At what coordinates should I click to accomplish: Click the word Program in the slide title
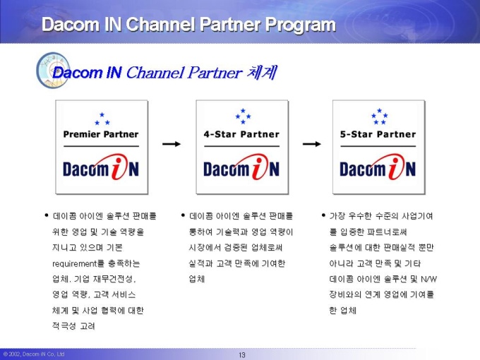tap(300, 25)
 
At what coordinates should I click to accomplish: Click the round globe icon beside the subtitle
tap(53, 70)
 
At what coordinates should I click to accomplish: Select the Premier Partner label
tap(101, 134)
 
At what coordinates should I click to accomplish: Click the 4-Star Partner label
tap(241, 134)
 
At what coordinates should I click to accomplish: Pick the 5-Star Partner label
tap(378, 134)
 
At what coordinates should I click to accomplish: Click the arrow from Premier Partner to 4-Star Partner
tap(172, 143)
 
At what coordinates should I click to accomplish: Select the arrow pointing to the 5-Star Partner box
tap(311, 143)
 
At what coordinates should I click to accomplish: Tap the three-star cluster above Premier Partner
tap(102, 119)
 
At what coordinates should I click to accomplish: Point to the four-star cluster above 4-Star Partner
tap(243, 116)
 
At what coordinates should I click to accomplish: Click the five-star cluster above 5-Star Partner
tap(379, 116)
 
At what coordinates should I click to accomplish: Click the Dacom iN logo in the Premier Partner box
tap(101, 167)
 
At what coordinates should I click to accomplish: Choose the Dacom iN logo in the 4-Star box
tap(241, 167)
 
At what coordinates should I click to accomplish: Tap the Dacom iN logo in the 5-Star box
tap(378, 167)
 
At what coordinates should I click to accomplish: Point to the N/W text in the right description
tap(428, 279)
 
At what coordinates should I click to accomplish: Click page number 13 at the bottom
tap(242, 355)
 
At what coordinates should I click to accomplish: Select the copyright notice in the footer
tap(34, 354)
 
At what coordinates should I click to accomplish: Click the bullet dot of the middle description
tap(183, 215)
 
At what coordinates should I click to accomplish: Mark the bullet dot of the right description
tap(323, 215)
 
